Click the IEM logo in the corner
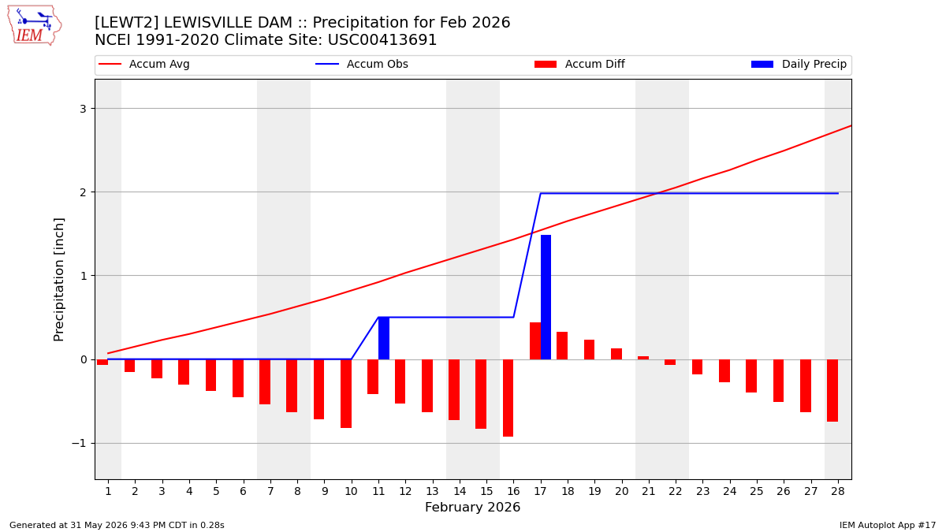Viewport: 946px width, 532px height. click(x=34, y=25)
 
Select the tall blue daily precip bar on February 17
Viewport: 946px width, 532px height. click(x=546, y=297)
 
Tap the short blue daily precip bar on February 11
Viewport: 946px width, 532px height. click(x=383, y=338)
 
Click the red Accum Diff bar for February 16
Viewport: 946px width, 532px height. click(x=508, y=398)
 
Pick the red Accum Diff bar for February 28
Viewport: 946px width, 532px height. click(x=832, y=391)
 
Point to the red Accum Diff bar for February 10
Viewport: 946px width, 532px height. click(x=346, y=393)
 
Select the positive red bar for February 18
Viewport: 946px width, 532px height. click(x=562, y=345)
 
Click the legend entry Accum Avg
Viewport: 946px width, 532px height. click(x=144, y=64)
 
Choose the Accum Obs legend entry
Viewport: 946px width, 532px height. click(x=362, y=64)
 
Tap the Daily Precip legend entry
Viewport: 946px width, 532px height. click(x=799, y=64)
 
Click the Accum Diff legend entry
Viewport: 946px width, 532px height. click(x=579, y=64)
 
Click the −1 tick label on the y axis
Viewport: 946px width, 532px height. click(x=79, y=443)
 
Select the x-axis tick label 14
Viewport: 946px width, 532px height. click(x=460, y=491)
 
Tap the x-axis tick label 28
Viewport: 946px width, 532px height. click(x=838, y=491)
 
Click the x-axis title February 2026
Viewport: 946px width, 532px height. click(x=472, y=507)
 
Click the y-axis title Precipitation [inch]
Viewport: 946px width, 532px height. click(x=58, y=280)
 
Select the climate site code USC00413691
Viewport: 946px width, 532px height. click(x=382, y=40)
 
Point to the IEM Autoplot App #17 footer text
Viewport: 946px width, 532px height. click(x=888, y=525)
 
